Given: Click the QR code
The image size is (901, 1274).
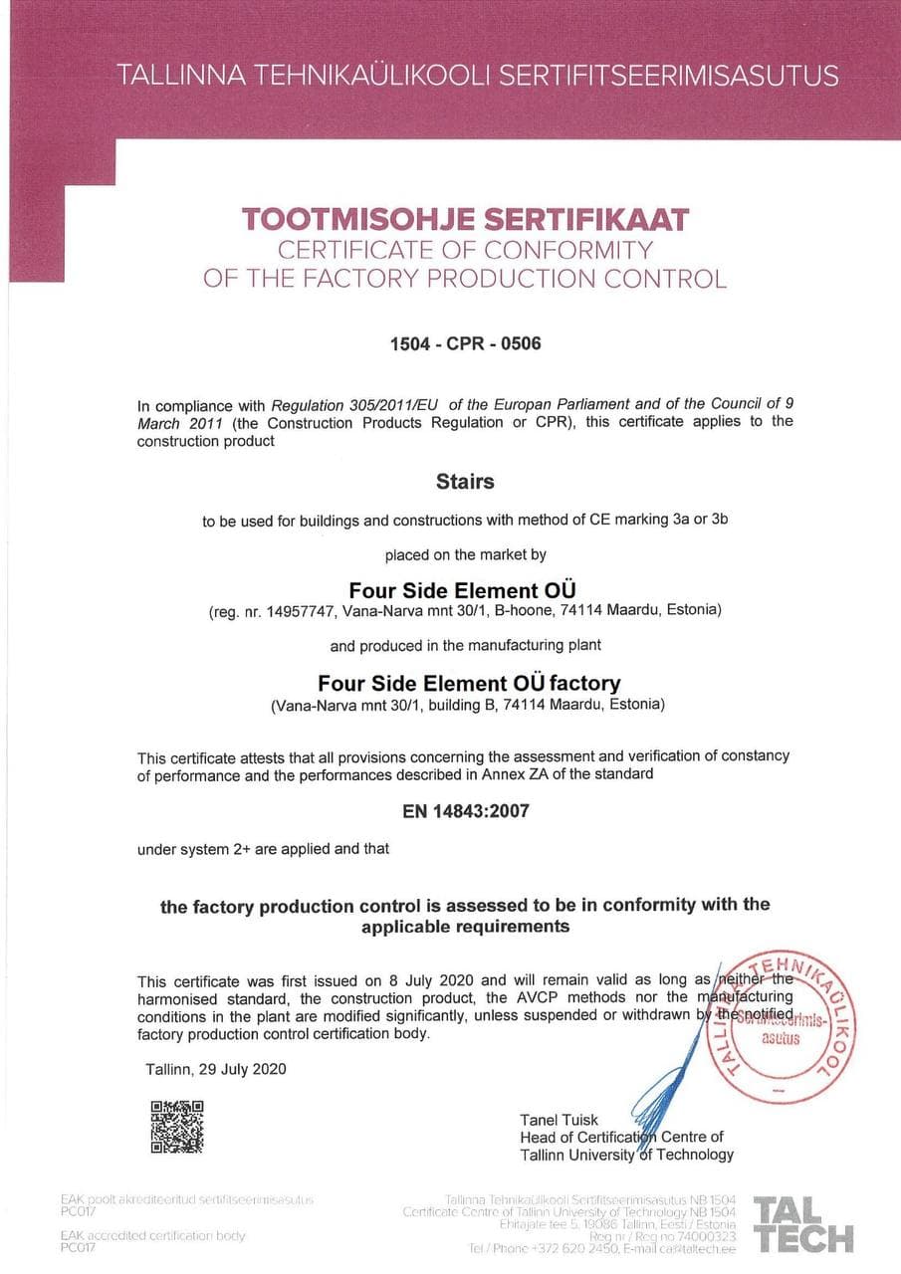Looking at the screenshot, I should point(176,1126).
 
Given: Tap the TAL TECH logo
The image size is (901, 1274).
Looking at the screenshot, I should point(803,1223).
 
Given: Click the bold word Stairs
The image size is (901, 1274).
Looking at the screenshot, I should point(465,482).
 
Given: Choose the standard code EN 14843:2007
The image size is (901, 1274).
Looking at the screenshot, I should point(466,811).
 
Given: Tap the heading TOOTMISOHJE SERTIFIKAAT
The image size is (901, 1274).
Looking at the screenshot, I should point(465,219).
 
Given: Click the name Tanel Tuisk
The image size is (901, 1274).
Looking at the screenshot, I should point(560,1120).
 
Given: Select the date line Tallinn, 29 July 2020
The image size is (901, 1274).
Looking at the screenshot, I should point(216,1069).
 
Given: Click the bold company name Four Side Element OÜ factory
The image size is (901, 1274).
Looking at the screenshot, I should point(469,684).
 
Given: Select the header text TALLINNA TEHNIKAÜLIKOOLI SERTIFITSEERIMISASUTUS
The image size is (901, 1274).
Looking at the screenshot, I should point(478,75).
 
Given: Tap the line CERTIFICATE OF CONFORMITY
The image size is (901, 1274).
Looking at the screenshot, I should point(465,249).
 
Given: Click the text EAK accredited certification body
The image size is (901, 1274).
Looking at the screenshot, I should point(152,1235).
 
